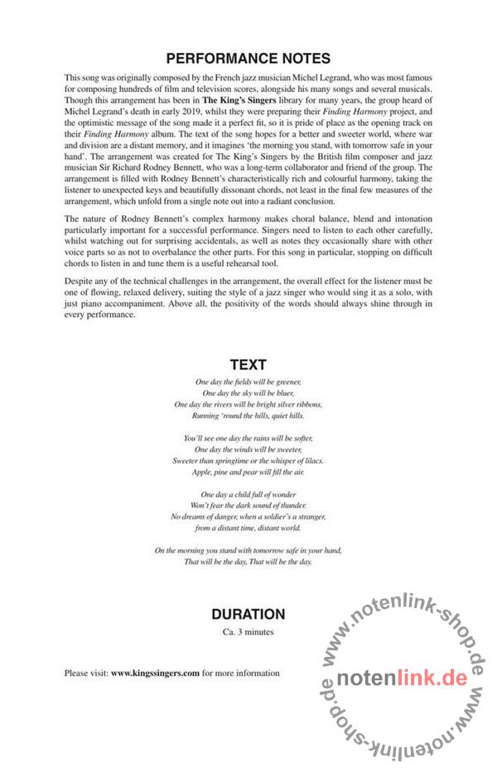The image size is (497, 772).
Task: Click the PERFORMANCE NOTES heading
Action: (248, 59)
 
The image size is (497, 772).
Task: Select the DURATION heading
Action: (248, 615)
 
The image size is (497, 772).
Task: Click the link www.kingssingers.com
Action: (155, 673)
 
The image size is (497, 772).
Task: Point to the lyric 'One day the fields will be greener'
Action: (248, 381)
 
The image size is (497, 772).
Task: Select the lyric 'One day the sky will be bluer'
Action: (248, 393)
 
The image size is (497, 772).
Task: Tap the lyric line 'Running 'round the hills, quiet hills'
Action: (248, 415)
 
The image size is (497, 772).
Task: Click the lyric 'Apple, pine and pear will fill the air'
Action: (248, 471)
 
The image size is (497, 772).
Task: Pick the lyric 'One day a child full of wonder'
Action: (248, 495)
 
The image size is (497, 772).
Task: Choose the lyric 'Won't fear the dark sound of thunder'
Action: (248, 505)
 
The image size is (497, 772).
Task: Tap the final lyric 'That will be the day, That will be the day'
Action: (248, 562)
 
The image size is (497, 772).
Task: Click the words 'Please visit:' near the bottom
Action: (86, 673)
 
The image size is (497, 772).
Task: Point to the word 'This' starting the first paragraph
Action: (72, 77)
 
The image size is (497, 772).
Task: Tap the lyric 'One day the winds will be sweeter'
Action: (248, 449)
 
